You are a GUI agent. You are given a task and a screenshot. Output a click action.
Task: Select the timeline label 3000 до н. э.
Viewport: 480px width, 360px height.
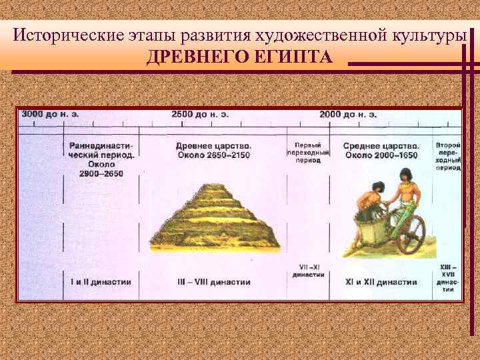(x=50, y=114)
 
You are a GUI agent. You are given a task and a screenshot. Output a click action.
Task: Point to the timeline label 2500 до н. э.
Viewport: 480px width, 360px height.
(x=200, y=114)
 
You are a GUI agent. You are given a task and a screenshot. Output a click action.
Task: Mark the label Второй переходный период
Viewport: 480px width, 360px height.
(x=447, y=156)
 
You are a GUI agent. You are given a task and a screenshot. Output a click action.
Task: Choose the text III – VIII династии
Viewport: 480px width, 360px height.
(x=213, y=282)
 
